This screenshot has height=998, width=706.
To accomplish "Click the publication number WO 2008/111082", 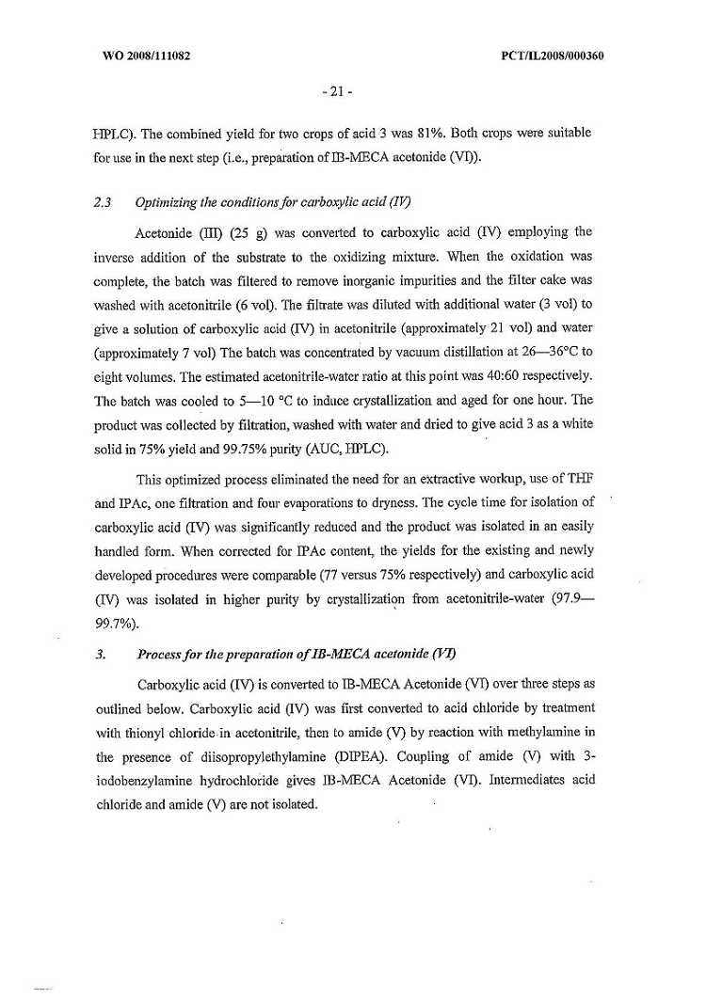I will pos(146,55).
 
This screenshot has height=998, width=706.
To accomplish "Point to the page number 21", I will pos(335,92).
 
